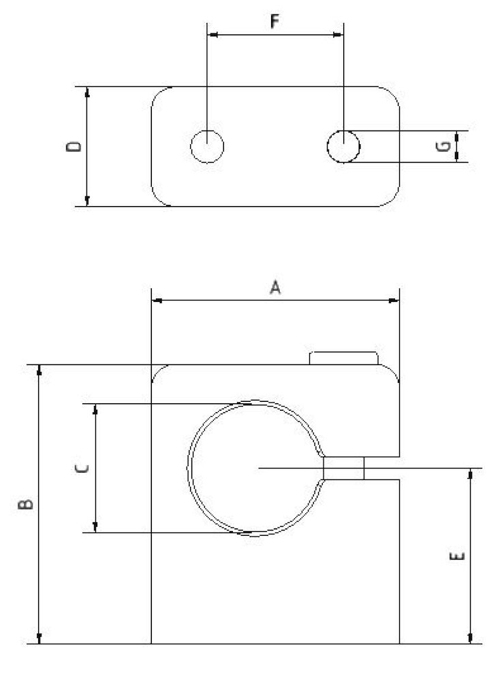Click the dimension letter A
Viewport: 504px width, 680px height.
coord(275,288)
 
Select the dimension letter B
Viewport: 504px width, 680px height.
coord(25,504)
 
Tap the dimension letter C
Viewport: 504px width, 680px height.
coord(80,468)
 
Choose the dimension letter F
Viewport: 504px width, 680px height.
coord(274,22)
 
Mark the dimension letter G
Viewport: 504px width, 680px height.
coord(444,146)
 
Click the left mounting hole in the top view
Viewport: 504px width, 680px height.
coord(207,146)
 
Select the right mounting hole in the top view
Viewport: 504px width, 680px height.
coord(343,146)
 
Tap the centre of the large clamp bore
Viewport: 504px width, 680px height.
coord(253,467)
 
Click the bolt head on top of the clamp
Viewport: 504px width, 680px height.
coord(343,358)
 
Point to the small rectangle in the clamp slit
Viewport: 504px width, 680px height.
coord(344,468)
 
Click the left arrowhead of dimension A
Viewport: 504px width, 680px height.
coord(155,299)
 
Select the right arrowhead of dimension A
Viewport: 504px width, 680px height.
coord(394,299)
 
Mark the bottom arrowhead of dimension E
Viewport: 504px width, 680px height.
coord(470,639)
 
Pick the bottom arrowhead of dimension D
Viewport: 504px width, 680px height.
coord(87,201)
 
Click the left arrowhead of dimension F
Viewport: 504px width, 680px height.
coord(212,33)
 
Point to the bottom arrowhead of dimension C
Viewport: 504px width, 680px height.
coord(95,527)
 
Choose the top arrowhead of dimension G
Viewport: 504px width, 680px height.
coord(456,135)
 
